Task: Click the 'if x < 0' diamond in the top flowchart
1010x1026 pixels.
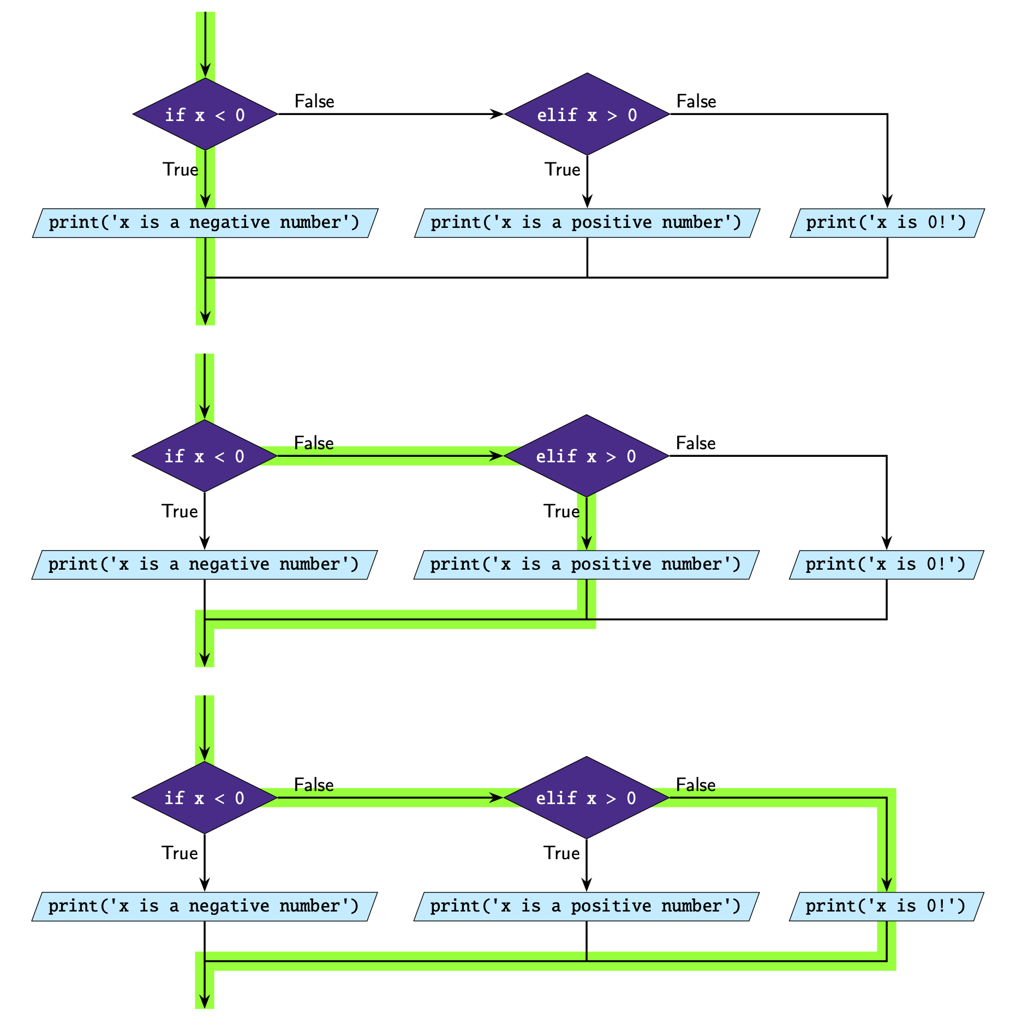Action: pyautogui.click(x=205, y=114)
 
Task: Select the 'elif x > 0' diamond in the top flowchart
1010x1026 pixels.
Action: pyautogui.click(x=587, y=114)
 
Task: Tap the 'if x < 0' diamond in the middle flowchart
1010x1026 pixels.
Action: pyautogui.click(x=205, y=456)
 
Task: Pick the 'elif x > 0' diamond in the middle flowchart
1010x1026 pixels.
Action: pyautogui.click(x=587, y=456)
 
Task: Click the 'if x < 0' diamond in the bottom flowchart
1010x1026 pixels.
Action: pyautogui.click(x=205, y=798)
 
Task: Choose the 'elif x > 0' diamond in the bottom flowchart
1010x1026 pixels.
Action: pyautogui.click(x=587, y=798)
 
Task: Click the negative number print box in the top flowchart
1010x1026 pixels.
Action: pyautogui.click(x=205, y=223)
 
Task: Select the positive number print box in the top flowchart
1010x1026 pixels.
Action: pyautogui.click(x=587, y=223)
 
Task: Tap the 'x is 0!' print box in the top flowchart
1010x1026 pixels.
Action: pyautogui.click(x=887, y=223)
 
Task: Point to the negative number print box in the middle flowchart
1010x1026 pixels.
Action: pyautogui.click(x=205, y=565)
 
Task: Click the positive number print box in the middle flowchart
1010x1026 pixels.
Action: pyautogui.click(x=587, y=565)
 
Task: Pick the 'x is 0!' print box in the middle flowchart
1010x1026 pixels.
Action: pyautogui.click(x=887, y=565)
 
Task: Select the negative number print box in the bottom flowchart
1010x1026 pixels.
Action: pyautogui.click(x=205, y=907)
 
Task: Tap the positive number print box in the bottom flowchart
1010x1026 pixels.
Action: pyautogui.click(x=587, y=907)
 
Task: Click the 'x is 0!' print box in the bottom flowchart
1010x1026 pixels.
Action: pyautogui.click(x=887, y=907)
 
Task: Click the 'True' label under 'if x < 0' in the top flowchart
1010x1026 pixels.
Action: pyautogui.click(x=180, y=170)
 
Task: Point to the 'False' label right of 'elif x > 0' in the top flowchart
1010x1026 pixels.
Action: pyautogui.click(x=696, y=101)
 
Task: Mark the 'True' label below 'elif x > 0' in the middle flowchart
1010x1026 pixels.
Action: pyautogui.click(x=561, y=511)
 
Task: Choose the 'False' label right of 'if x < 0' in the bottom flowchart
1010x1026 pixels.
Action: pyautogui.click(x=314, y=785)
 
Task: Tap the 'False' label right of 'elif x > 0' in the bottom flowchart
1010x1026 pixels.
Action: pyautogui.click(x=696, y=785)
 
